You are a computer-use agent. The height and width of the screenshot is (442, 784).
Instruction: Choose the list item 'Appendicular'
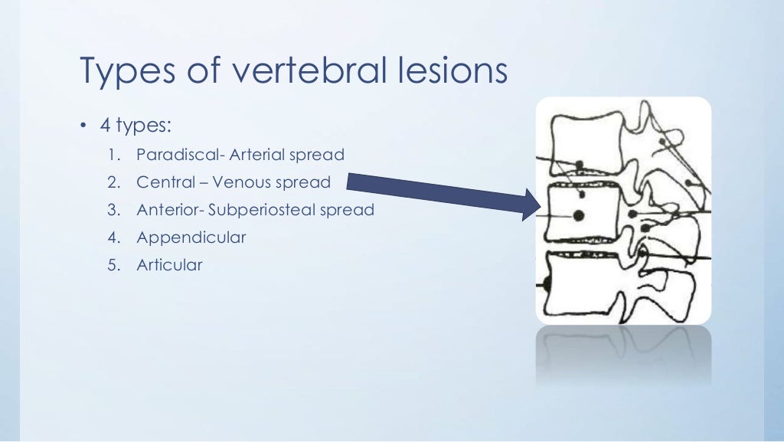click(191, 237)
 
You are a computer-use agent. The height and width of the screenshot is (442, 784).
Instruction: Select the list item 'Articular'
click(169, 265)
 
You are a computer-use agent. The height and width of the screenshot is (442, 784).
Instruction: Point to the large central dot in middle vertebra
click(579, 215)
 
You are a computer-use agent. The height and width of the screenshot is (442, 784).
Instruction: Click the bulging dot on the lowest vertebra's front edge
click(546, 285)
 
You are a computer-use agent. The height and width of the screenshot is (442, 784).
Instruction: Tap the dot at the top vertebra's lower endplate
click(580, 165)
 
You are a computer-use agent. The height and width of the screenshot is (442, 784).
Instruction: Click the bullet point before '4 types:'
click(83, 126)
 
